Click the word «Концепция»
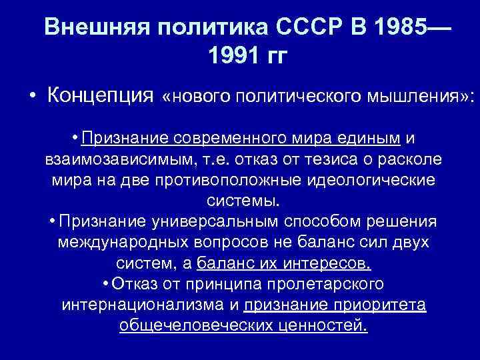point(101,96)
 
